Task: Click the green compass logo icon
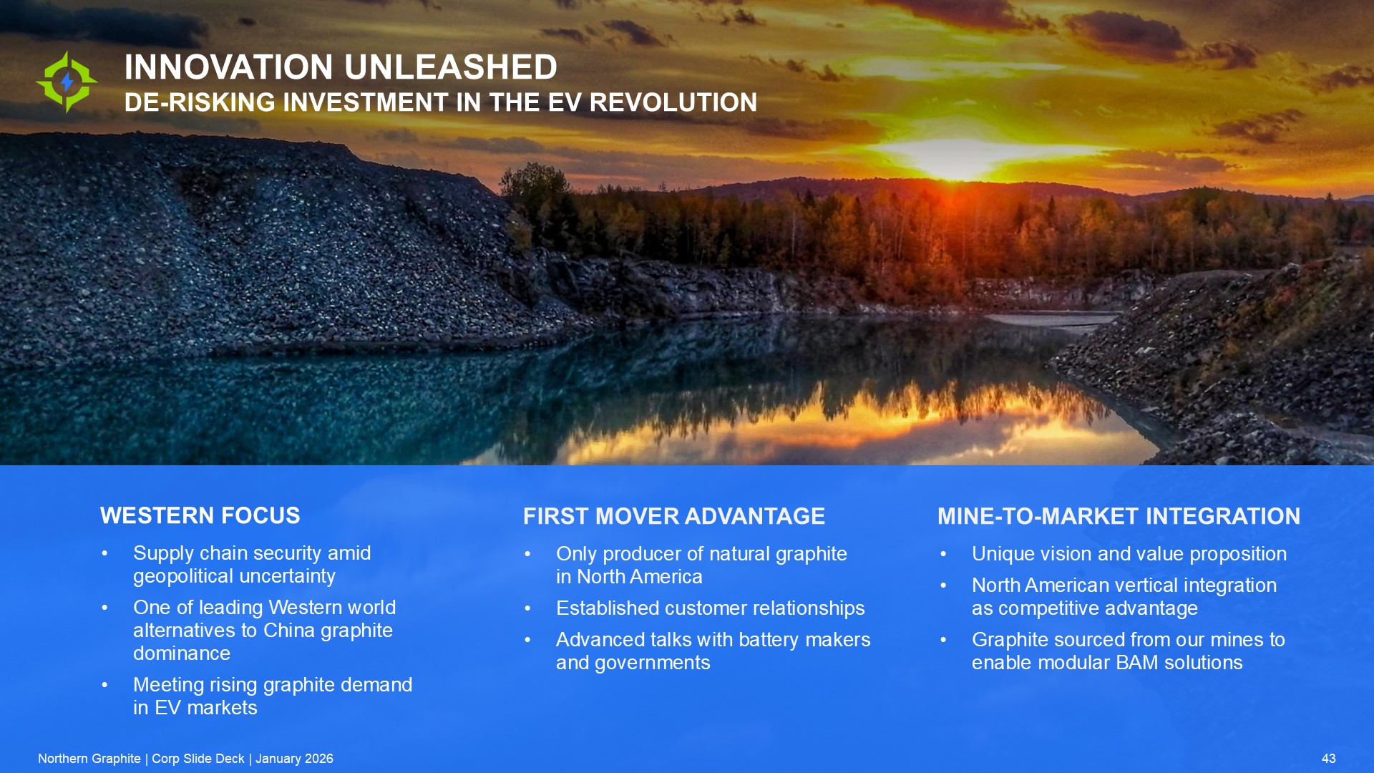[67, 82]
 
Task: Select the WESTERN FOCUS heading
[200, 515]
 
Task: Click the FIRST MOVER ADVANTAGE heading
[674, 516]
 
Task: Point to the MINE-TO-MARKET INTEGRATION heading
[1119, 516]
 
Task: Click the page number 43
[1329, 759]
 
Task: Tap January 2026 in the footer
[294, 759]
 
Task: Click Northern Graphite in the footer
[89, 759]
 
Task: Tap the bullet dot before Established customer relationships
[527, 608]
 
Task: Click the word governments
[653, 663]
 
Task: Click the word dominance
[182, 653]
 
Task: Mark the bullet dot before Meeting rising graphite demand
[104, 685]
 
